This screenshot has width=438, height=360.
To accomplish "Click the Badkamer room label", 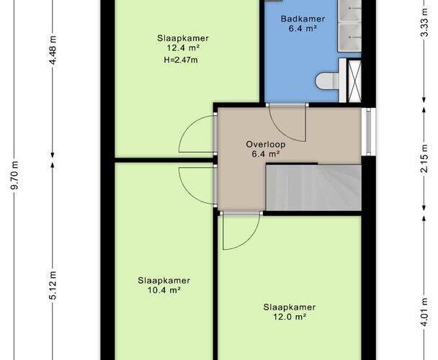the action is [x=303, y=19].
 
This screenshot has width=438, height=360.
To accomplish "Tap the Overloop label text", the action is [x=266, y=144].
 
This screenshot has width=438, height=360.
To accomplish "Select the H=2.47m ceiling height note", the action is [x=181, y=60].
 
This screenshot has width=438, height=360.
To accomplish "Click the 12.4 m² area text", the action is [x=183, y=48].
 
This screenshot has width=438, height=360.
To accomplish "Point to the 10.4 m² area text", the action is [x=164, y=290].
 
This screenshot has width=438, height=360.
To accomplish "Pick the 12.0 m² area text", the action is [x=290, y=317].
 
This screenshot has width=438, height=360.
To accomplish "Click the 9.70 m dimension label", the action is [x=14, y=175].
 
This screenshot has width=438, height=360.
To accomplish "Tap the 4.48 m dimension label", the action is [x=53, y=50].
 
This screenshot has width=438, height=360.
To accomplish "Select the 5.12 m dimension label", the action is [x=53, y=285].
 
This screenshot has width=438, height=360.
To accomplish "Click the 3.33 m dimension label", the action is [x=424, y=22].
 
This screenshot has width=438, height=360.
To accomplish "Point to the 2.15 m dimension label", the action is [x=424, y=158].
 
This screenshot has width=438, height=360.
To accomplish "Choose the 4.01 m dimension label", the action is [x=424, y=312].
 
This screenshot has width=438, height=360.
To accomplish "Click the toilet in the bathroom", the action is [x=327, y=81].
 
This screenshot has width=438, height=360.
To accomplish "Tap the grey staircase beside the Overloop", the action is [x=313, y=187].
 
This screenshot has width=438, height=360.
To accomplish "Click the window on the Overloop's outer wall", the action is [x=368, y=131].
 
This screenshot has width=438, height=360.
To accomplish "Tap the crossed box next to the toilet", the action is [x=354, y=81].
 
